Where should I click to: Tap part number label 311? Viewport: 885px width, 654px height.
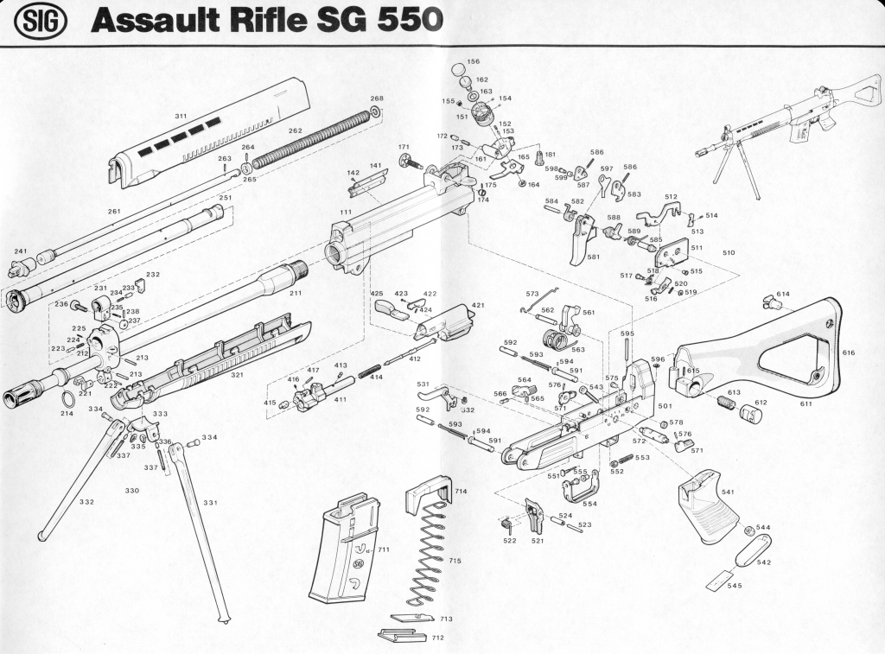tap(181, 116)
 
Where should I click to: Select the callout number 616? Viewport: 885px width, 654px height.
tap(848, 352)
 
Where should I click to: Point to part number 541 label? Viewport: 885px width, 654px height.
tap(728, 492)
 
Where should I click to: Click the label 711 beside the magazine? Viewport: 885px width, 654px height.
tap(384, 549)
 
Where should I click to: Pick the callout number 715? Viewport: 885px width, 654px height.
tap(455, 561)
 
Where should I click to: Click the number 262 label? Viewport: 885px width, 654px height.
tap(295, 130)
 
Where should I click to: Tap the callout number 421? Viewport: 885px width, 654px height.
tap(478, 305)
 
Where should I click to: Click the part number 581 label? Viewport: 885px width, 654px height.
tap(593, 257)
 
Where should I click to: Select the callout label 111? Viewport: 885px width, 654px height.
tap(345, 212)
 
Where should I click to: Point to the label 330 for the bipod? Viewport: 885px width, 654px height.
tap(131, 490)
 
